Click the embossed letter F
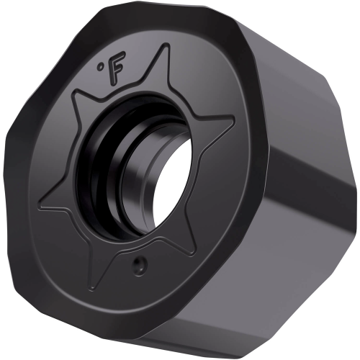117,68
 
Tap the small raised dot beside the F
99,66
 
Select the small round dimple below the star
140,266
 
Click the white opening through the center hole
172,182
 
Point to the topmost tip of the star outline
167,45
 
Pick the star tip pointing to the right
233,120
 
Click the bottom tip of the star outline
91,289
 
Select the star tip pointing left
41,206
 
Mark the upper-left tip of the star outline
75,92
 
